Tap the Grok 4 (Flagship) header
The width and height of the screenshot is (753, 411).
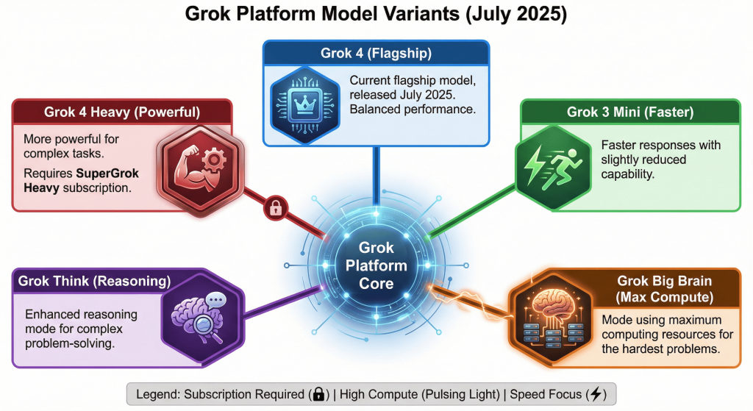click(376, 53)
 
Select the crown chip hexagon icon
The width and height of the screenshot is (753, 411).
click(305, 105)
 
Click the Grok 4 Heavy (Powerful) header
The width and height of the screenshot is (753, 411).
click(122, 112)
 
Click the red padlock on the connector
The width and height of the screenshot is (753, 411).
click(275, 208)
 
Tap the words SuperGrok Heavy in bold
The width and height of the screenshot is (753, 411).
click(81, 180)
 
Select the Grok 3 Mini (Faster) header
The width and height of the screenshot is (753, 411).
click(630, 112)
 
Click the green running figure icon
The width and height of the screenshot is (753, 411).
click(553, 167)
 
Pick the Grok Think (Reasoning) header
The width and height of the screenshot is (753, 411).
click(95, 281)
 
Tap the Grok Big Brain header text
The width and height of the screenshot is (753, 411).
click(665, 289)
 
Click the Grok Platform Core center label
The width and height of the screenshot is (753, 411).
click(376, 265)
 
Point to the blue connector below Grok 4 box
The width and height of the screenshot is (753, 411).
click(376, 176)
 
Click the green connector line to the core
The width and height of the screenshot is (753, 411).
click(471, 212)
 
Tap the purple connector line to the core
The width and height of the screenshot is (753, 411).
click(283, 302)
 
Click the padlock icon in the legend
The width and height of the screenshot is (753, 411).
click(318, 394)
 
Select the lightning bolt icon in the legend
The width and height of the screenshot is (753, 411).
click(596, 394)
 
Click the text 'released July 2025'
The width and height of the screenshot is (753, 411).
click(402, 95)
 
